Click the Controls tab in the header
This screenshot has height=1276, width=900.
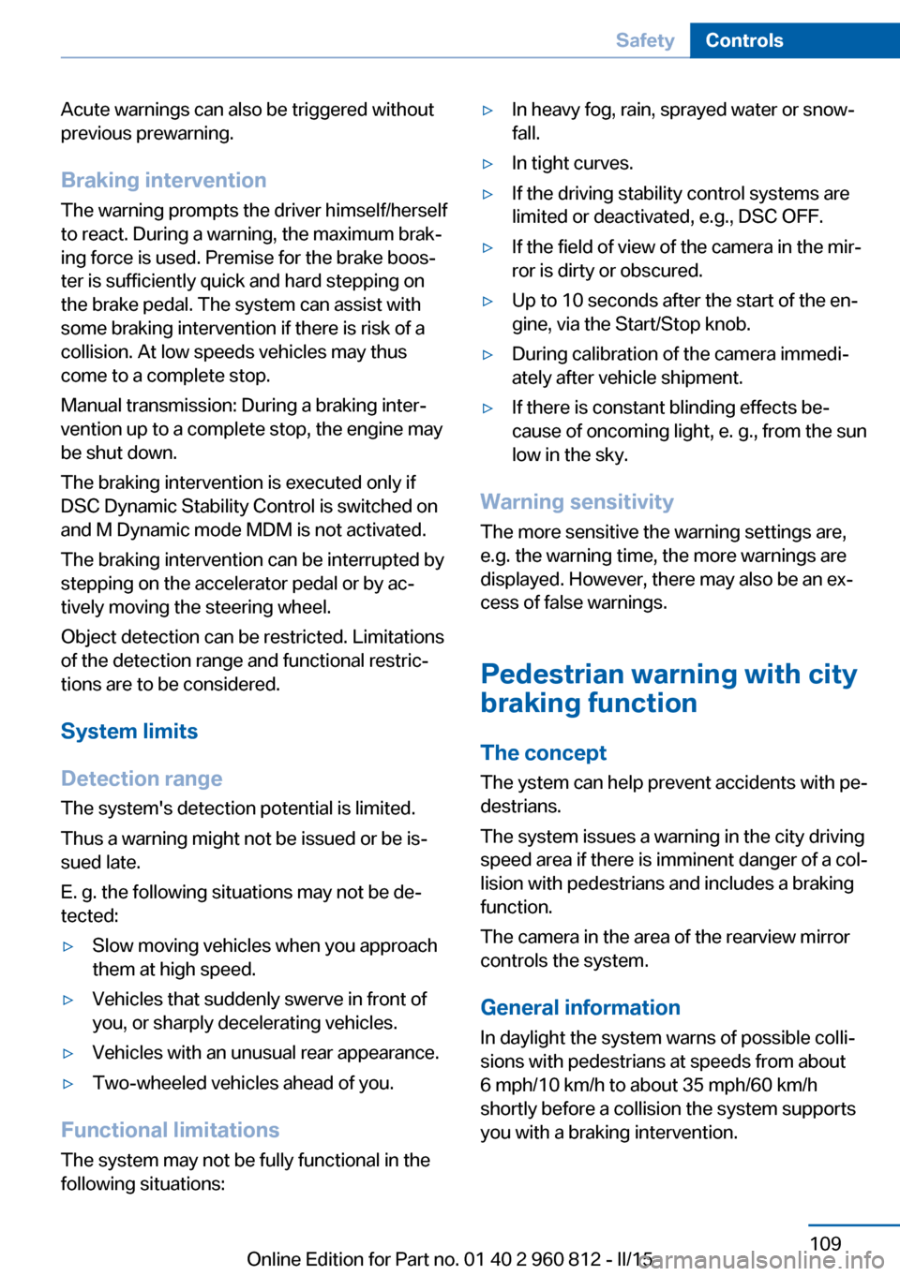point(743,40)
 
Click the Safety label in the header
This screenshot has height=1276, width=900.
point(645,40)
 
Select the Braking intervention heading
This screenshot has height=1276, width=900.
point(163,180)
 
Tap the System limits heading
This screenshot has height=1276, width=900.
point(129,731)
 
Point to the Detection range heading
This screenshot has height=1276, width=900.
point(142,779)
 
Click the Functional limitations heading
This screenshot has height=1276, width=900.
point(170,1130)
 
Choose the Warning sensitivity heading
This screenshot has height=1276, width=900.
point(577,502)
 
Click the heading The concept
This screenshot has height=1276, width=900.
point(543,753)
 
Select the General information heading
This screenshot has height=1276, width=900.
point(580,1008)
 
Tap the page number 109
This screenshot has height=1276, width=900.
point(825,1243)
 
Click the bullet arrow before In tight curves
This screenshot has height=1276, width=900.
point(487,164)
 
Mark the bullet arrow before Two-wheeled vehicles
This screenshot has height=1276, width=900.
point(67,1084)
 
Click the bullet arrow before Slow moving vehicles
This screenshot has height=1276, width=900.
point(67,946)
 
